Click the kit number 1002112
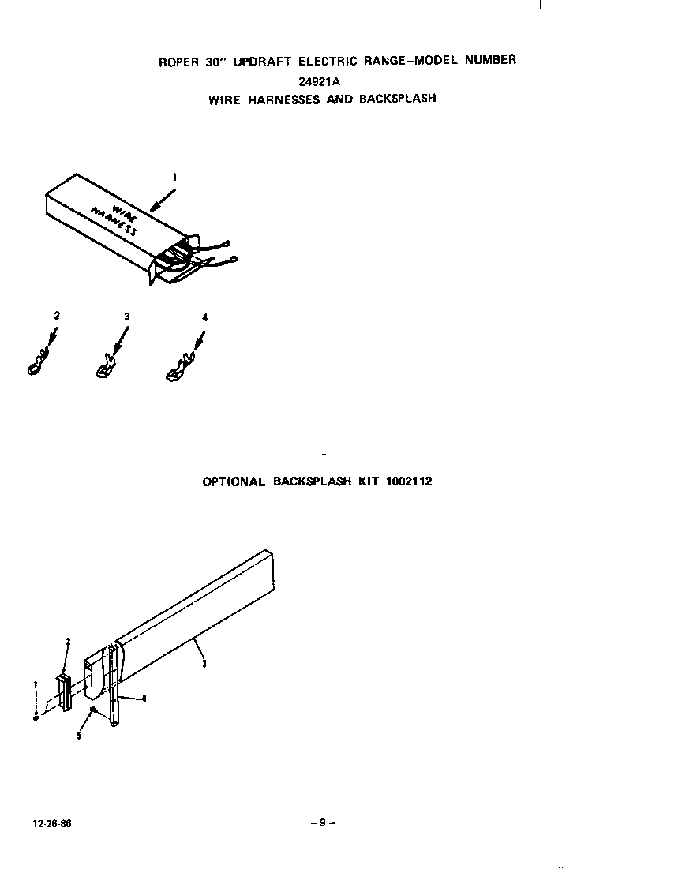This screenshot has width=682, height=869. (x=409, y=481)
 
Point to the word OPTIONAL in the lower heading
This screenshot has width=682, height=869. (x=234, y=481)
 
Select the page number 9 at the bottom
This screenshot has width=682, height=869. (x=323, y=822)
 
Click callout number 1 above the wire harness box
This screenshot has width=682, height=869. (x=174, y=178)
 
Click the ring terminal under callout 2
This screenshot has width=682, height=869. (x=37, y=366)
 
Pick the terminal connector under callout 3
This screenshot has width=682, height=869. (x=103, y=368)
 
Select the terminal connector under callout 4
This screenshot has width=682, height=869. (x=177, y=371)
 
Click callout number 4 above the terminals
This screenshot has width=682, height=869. (x=205, y=317)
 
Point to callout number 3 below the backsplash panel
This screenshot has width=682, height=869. (x=204, y=664)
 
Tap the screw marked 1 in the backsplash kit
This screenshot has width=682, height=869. (x=36, y=717)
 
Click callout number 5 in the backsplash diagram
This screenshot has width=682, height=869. (x=79, y=735)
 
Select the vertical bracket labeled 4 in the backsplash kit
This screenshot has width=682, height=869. (x=115, y=687)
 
